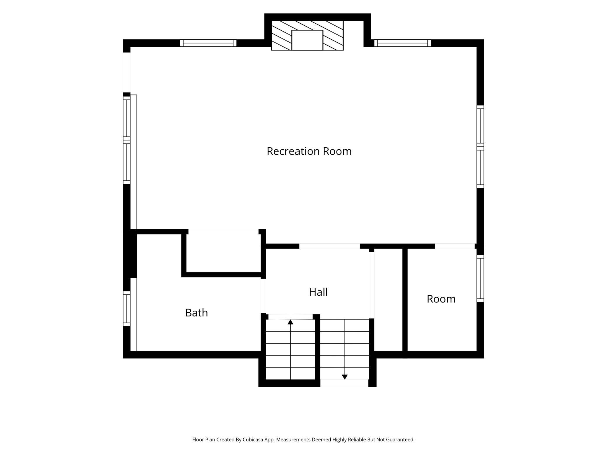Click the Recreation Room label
tap(309, 151)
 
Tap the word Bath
tap(196, 313)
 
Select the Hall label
tap(318, 292)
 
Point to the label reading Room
tap(441, 299)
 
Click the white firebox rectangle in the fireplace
tap(307, 40)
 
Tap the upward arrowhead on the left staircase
tap(290, 322)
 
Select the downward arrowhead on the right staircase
tap(345, 377)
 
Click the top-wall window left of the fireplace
tap(208, 43)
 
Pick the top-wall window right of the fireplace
tap(402, 43)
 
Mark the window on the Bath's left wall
tap(127, 309)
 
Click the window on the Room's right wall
tap(480, 279)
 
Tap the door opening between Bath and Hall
tap(263, 296)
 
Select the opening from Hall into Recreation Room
tap(329, 246)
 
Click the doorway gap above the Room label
tap(455, 246)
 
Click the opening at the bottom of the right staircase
tap(344, 383)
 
